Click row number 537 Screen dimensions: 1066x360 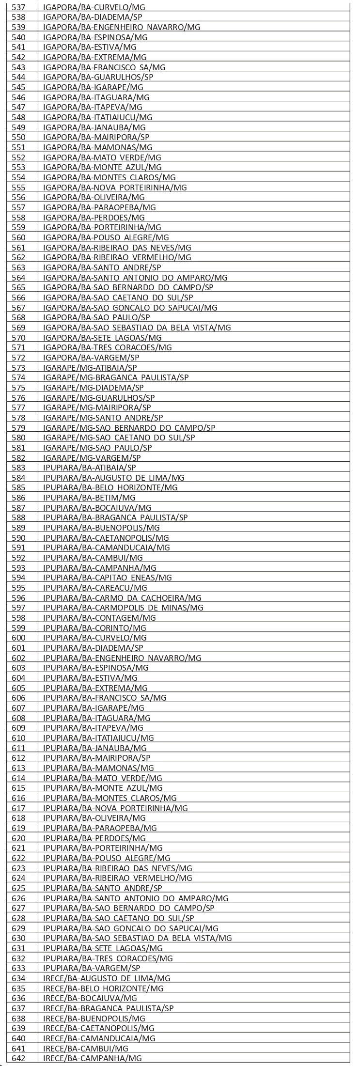19,7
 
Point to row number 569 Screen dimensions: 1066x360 19,328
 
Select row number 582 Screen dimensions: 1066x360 19,457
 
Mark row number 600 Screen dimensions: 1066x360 19,638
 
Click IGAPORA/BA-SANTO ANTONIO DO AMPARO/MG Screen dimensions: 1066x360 136,278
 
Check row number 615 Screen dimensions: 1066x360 19,788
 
